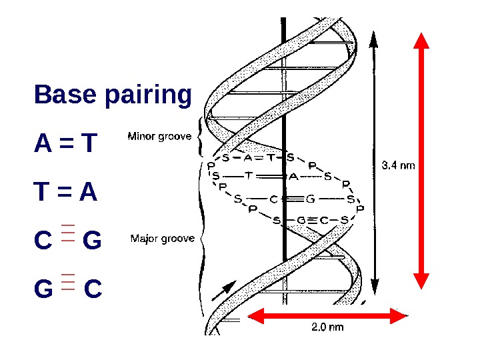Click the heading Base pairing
pos(113,95)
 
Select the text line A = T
pos(66,143)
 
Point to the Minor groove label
pos(159,137)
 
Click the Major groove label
pos(163,238)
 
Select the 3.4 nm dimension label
pos(398,164)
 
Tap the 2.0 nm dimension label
pos(327,327)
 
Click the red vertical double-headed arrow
pos(421,160)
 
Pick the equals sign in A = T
pos(66,143)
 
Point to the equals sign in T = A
pos(66,193)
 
